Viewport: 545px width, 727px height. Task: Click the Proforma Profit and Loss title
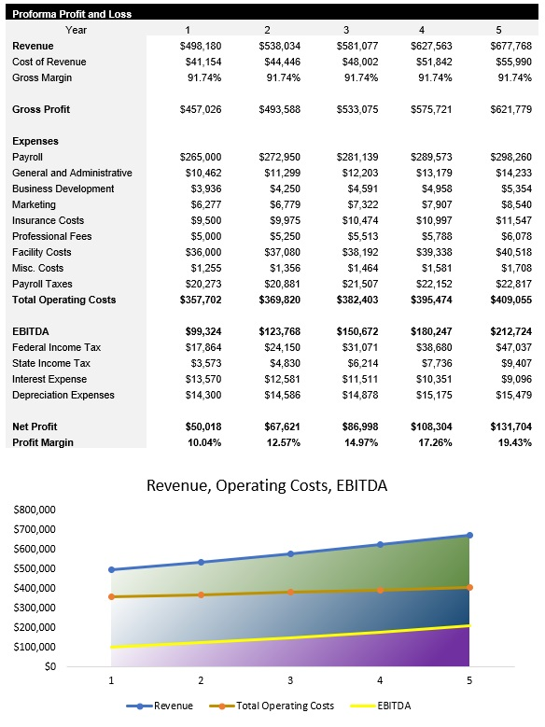click(71, 14)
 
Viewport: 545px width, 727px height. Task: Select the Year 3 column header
click(345, 30)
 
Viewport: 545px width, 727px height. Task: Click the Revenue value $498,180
click(201, 46)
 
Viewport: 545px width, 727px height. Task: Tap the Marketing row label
click(34, 204)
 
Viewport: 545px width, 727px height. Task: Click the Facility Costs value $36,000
click(203, 252)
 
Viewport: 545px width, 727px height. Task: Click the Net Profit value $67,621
click(279, 426)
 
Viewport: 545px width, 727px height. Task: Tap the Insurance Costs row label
click(48, 220)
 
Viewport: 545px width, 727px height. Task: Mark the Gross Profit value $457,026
click(201, 109)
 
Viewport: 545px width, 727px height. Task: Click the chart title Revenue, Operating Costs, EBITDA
click(267, 485)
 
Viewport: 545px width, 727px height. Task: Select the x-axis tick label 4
click(380, 681)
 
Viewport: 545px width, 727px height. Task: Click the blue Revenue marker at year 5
click(469, 536)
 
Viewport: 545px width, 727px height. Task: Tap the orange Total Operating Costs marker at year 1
click(112, 596)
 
